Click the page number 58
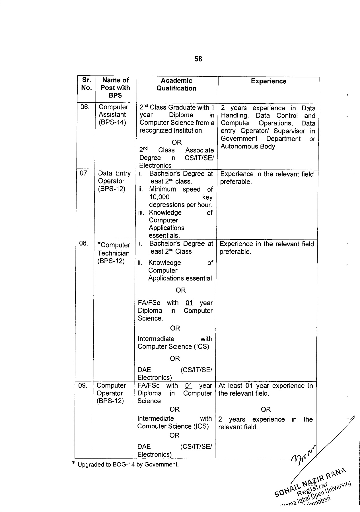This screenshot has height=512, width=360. pyautogui.click(x=198, y=59)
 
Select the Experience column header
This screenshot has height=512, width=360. pyautogui.click(x=268, y=81)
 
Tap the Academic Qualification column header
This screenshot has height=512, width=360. pyautogui.click(x=176, y=84)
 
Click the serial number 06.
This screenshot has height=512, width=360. pyautogui.click(x=85, y=107)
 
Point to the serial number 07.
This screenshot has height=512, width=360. pyautogui.click(x=84, y=173)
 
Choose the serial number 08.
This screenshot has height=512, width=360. pyautogui.click(x=83, y=243)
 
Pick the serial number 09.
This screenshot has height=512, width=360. pyautogui.click(x=83, y=385)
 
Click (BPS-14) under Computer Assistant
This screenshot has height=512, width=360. pyautogui.click(x=112, y=122)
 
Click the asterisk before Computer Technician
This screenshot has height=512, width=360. pyautogui.click(x=99, y=244)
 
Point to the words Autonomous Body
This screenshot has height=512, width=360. pyautogui.click(x=248, y=147)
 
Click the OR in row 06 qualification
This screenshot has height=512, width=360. pyautogui.click(x=176, y=142)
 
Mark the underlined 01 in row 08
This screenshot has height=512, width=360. pyautogui.click(x=189, y=303)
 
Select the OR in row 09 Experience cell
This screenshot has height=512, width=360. pyautogui.click(x=266, y=409)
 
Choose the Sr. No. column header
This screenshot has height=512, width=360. pyautogui.click(x=86, y=84)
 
